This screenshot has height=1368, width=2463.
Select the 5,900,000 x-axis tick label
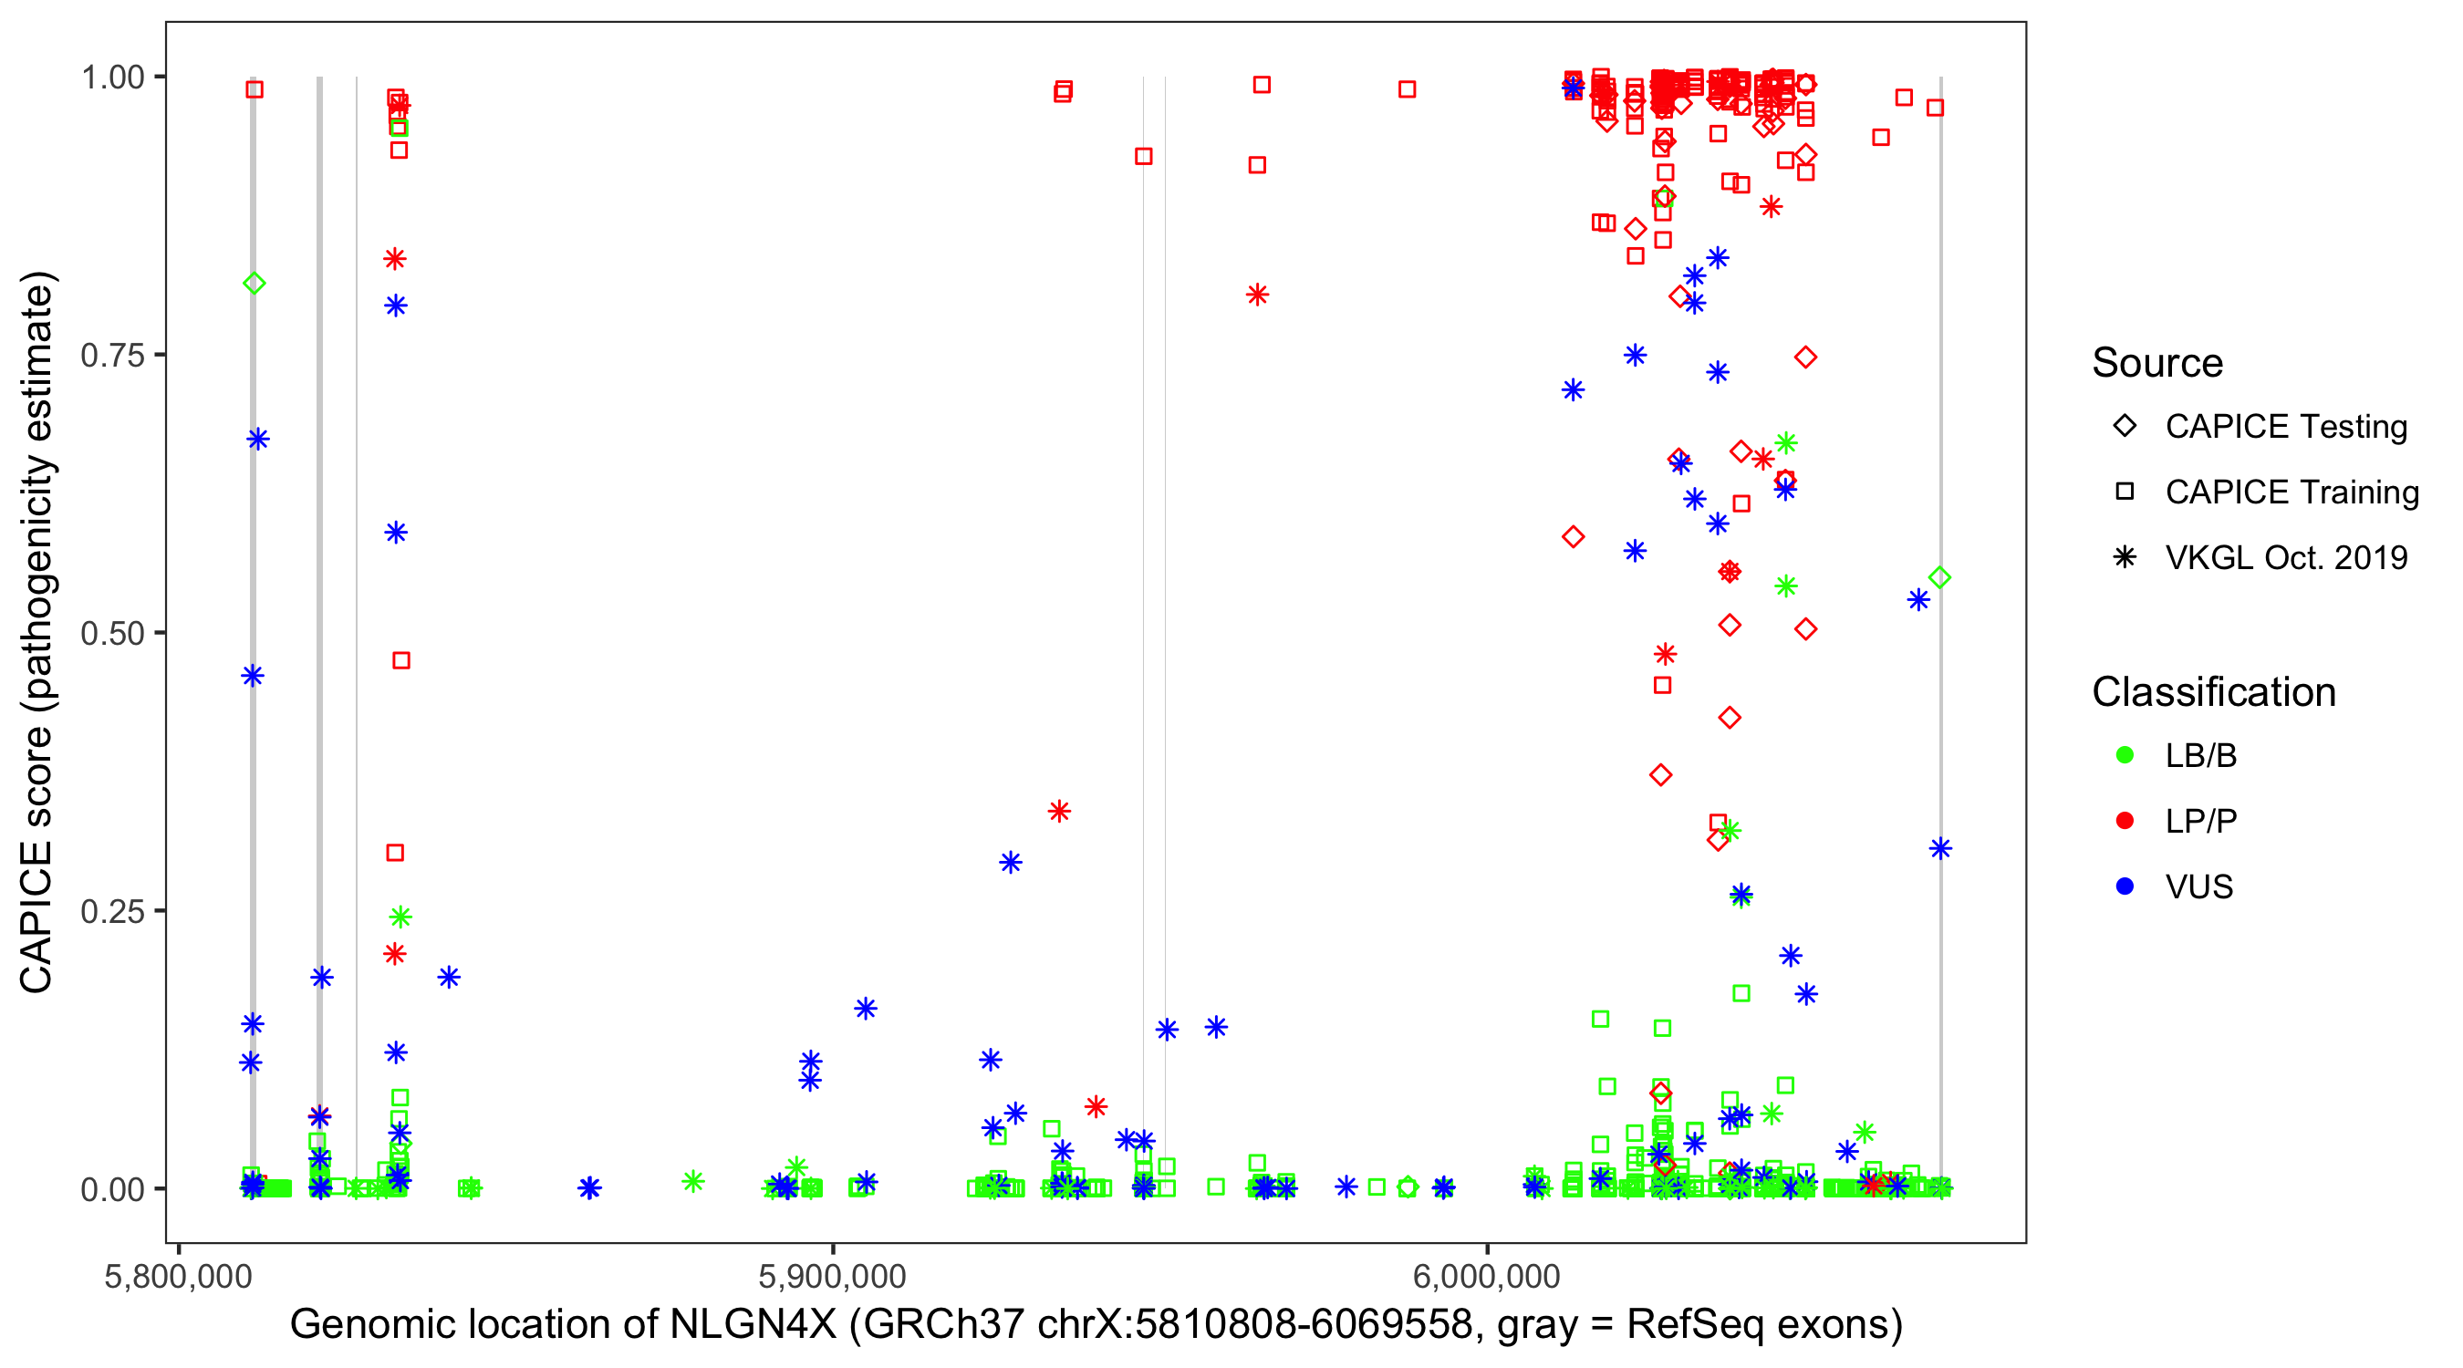pyautogui.click(x=832, y=1276)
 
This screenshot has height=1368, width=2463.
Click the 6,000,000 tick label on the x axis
pyautogui.click(x=1486, y=1276)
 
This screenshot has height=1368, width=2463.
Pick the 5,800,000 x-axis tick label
pyautogui.click(x=178, y=1276)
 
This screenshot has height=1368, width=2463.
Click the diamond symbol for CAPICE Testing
pyautogui.click(x=2125, y=427)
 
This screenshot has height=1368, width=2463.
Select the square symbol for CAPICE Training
pyautogui.click(x=2125, y=492)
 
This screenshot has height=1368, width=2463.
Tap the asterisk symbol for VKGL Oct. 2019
pyautogui.click(x=2125, y=557)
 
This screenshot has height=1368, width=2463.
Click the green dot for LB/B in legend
pyautogui.click(x=2125, y=755)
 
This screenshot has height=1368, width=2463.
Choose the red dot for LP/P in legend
pyautogui.click(x=2125, y=821)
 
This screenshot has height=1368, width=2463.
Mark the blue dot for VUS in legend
pyautogui.click(x=2125, y=886)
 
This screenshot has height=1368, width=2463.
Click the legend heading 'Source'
pyautogui.click(x=2157, y=363)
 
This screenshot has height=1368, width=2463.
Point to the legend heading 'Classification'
pyautogui.click(x=2213, y=692)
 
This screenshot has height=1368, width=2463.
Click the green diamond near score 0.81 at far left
pyautogui.click(x=255, y=283)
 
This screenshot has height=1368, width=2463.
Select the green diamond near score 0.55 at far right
pyautogui.click(x=1940, y=577)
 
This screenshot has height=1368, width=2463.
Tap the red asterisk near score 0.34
pyautogui.click(x=1058, y=812)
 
